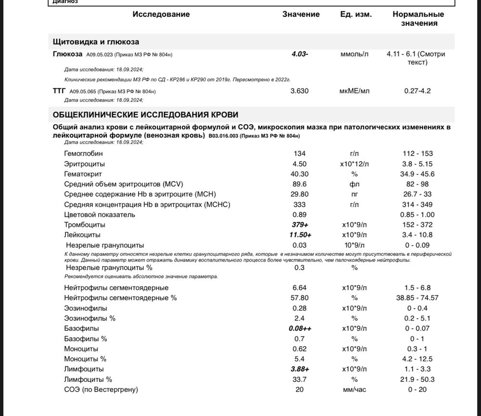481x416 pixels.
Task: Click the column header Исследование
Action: click(x=161, y=14)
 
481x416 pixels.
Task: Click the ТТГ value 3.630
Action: click(x=300, y=90)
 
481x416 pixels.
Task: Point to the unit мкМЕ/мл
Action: click(x=354, y=90)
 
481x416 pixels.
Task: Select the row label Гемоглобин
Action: click(x=83, y=153)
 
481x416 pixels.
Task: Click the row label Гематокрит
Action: click(x=83, y=174)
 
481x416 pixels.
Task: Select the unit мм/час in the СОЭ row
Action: click(x=354, y=389)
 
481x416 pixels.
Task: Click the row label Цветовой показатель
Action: click(x=100, y=214)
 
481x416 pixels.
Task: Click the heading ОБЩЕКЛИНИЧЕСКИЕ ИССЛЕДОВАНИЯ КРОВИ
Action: click(x=145, y=114)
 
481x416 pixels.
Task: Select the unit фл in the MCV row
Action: click(x=354, y=184)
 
